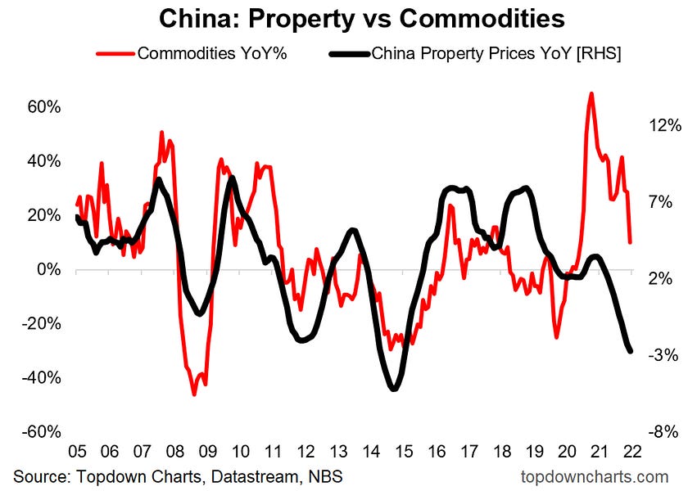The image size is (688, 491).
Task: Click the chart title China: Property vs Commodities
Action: click(x=343, y=18)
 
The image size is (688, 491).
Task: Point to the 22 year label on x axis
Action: click(x=631, y=452)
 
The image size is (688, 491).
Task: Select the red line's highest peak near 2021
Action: click(x=591, y=93)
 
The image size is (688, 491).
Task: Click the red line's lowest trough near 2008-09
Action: click(x=194, y=394)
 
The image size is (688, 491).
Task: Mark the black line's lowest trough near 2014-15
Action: click(x=393, y=389)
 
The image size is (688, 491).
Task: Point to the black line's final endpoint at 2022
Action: click(x=631, y=351)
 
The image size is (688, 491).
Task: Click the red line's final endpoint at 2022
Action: click(x=630, y=242)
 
